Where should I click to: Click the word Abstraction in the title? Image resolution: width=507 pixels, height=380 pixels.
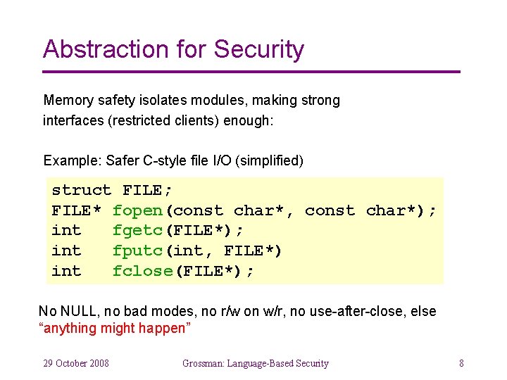click(x=104, y=49)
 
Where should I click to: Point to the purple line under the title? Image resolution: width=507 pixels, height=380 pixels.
click(x=251, y=72)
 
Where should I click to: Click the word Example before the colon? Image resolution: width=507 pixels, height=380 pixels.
click(x=70, y=160)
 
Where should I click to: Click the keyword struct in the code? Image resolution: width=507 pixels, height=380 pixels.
click(x=82, y=191)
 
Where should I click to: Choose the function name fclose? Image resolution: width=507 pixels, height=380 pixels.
click(x=142, y=272)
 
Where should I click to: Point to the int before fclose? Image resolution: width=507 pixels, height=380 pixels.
click(x=66, y=272)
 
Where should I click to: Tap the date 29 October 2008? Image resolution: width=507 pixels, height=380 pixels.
click(x=76, y=363)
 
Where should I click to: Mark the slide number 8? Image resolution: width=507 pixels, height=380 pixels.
click(x=461, y=363)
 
